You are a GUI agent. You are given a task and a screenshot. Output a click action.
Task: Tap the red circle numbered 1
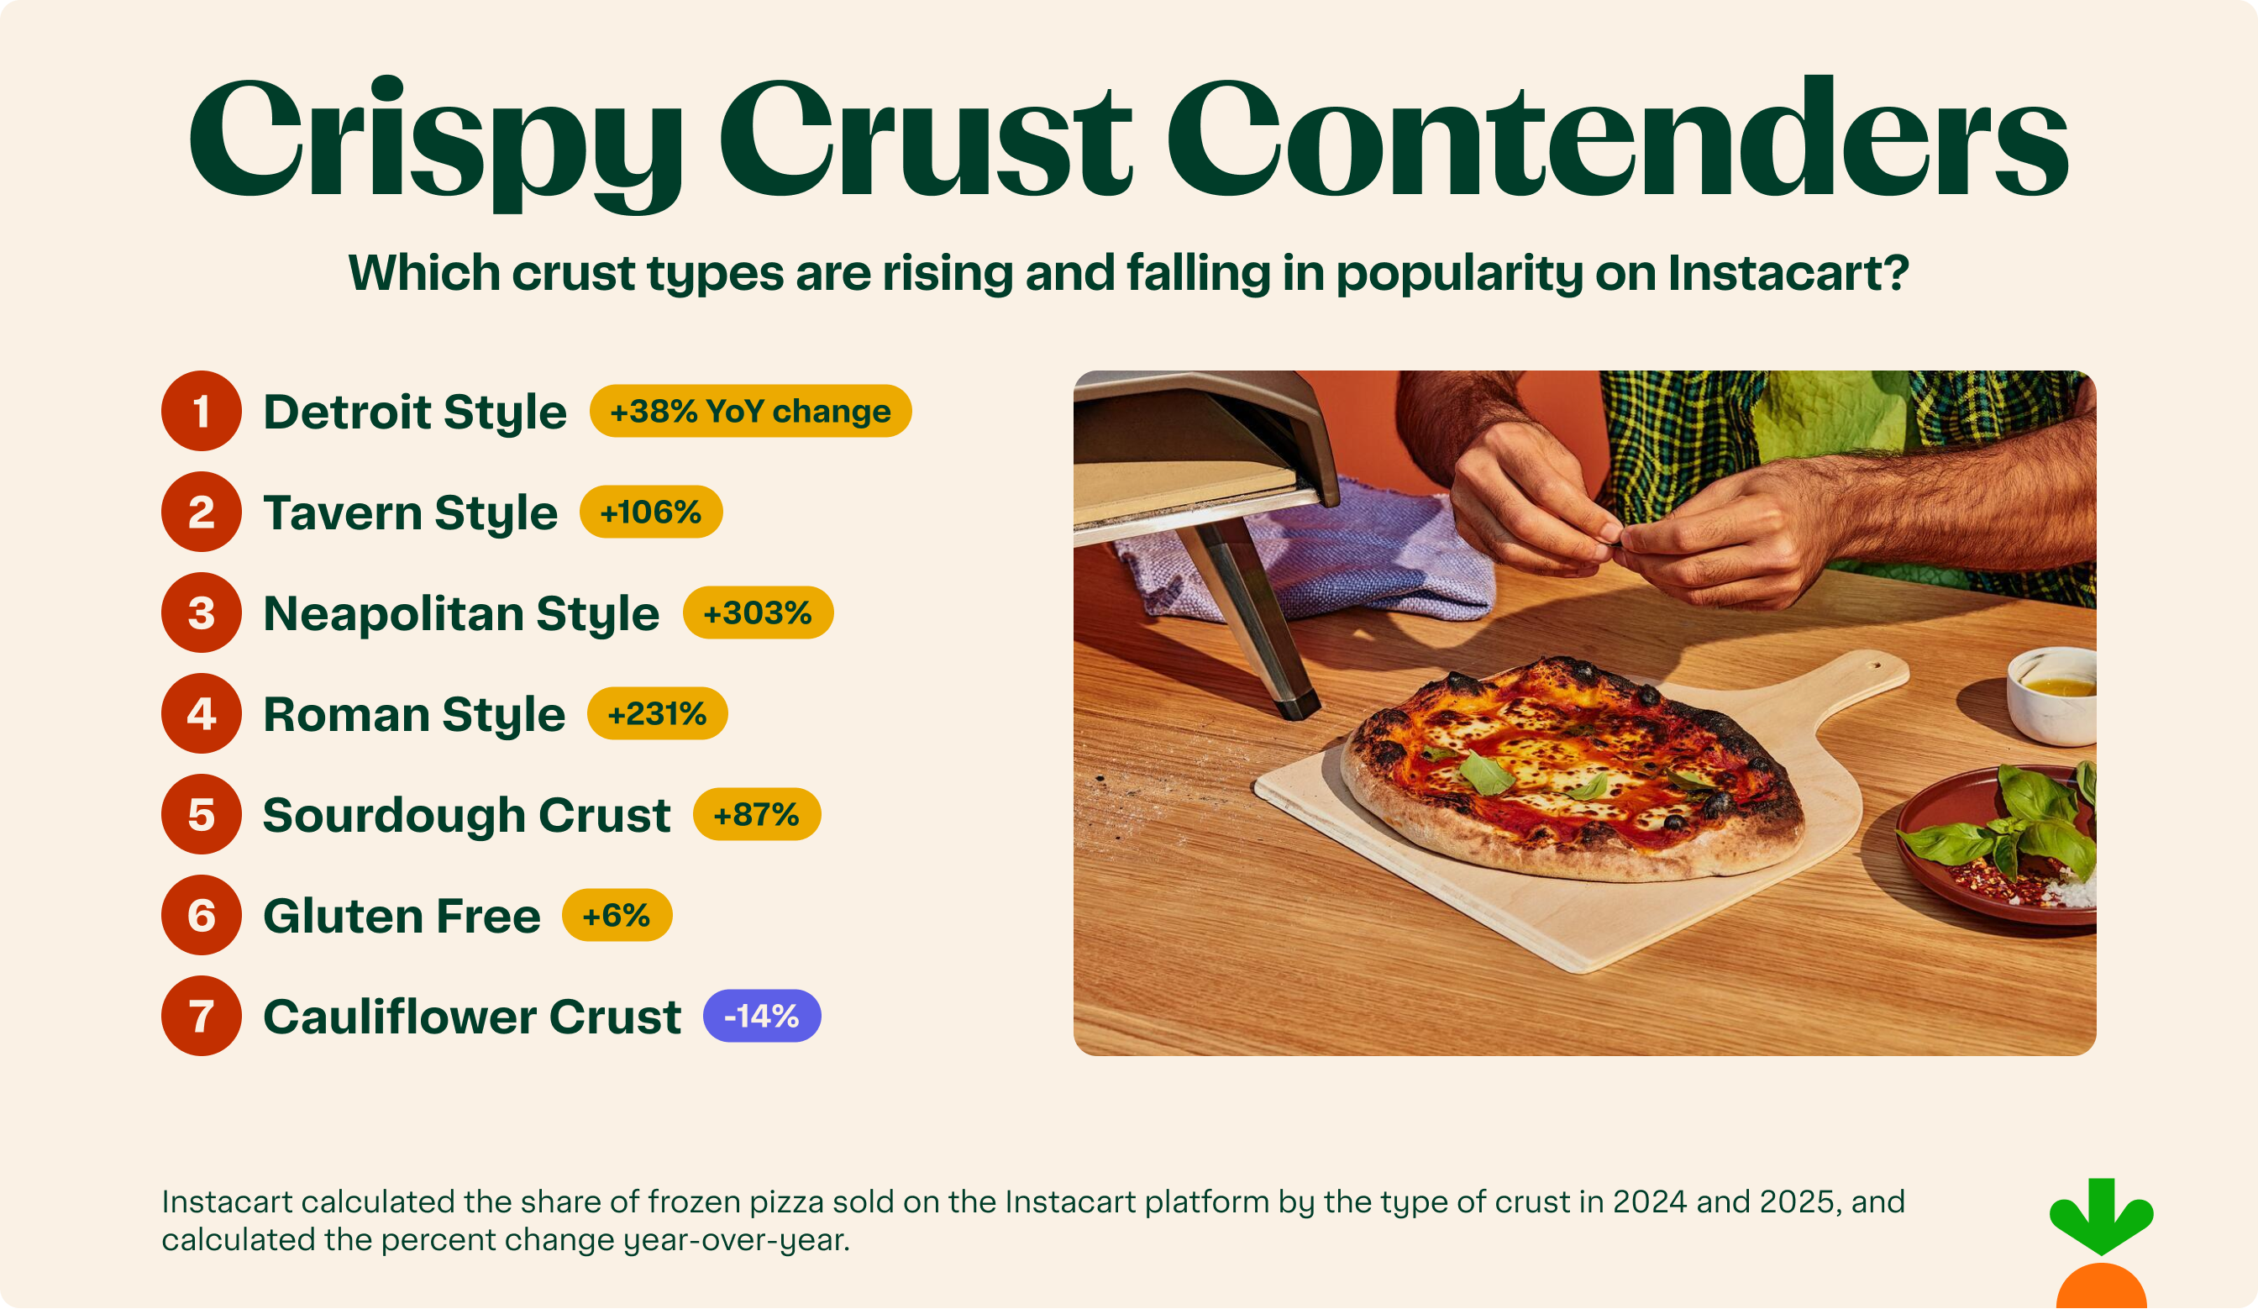pos(201,411)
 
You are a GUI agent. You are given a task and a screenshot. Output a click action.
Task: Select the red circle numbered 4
pos(201,713)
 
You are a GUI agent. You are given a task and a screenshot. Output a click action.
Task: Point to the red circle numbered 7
pos(201,1016)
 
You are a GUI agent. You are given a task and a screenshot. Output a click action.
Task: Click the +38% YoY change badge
pos(750,411)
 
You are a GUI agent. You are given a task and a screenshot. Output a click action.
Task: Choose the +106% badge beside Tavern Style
pos(650,513)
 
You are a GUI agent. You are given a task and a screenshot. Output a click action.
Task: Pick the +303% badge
pos(757,612)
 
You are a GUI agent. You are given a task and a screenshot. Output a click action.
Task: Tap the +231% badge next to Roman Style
pos(657,714)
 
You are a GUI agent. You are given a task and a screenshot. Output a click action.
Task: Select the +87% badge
pos(756,814)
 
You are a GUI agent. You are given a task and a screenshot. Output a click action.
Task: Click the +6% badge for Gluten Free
pos(617,916)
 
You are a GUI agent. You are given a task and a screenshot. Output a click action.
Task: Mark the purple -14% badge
pos(762,1016)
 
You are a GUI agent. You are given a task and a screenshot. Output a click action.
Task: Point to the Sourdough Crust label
pos(466,815)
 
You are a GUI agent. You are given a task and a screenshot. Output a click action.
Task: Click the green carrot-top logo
pos(2100,1217)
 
